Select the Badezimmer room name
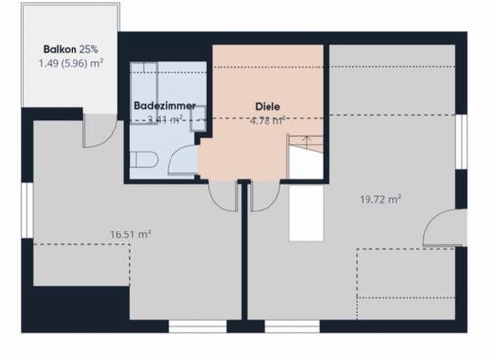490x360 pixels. click(165, 105)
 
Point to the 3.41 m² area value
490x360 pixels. click(165, 119)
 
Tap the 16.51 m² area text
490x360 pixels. click(130, 234)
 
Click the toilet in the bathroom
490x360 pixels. click(143, 162)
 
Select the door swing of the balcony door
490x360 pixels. click(97, 130)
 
